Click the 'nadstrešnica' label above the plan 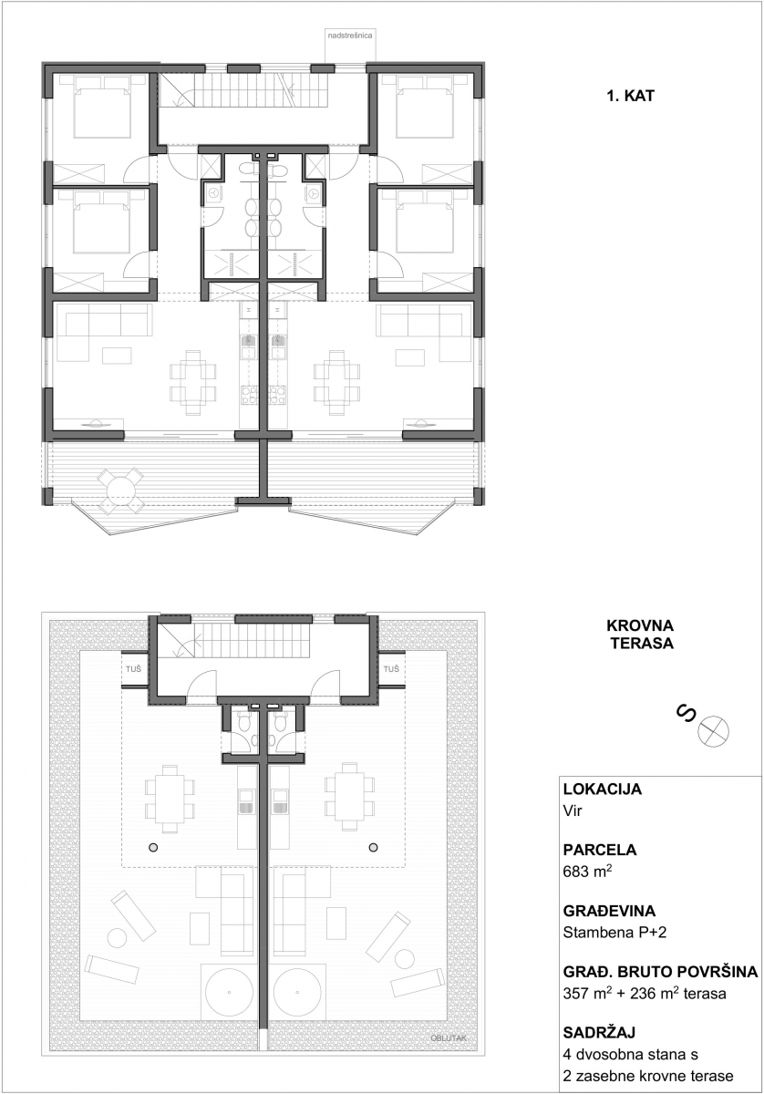[350, 36]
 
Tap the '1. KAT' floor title [630, 96]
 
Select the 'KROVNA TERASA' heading [640, 634]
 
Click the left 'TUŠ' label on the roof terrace [133, 668]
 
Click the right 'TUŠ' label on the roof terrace [391, 668]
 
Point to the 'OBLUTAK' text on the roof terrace [449, 1038]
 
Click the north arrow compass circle [713, 731]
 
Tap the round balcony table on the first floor [120, 490]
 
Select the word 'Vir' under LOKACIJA [573, 811]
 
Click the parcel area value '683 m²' [587, 872]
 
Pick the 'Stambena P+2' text [614, 933]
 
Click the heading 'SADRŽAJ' [599, 1032]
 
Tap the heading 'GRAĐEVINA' [609, 911]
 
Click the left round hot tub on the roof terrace [229, 992]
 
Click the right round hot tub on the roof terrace [297, 992]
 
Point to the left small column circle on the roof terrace [153, 847]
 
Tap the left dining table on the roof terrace [170, 799]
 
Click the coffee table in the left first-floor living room [117, 356]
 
